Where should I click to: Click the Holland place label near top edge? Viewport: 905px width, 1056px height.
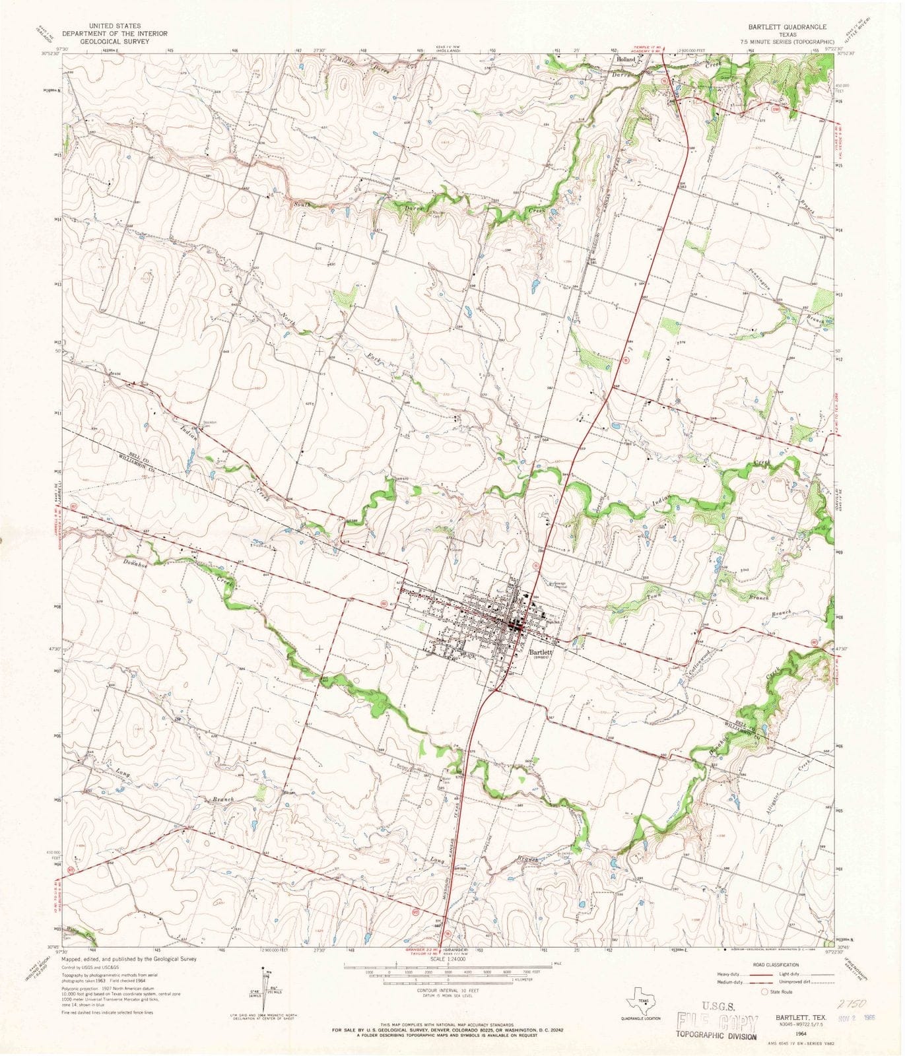624,59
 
